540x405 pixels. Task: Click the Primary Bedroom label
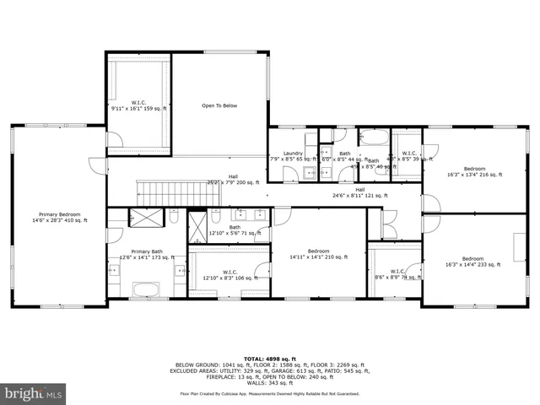[58, 218]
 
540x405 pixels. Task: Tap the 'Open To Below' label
[219, 105]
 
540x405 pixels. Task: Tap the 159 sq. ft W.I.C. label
[138, 105]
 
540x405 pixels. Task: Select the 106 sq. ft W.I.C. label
[229, 274]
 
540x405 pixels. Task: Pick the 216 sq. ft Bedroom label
[474, 172]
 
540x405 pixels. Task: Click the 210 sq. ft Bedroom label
[318, 254]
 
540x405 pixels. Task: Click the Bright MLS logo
[34, 392]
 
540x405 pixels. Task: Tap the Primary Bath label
[146, 254]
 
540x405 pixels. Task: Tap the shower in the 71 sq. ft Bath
[197, 225]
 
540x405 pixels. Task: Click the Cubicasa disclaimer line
[269, 393]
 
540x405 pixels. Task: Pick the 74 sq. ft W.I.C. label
[397, 274]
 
